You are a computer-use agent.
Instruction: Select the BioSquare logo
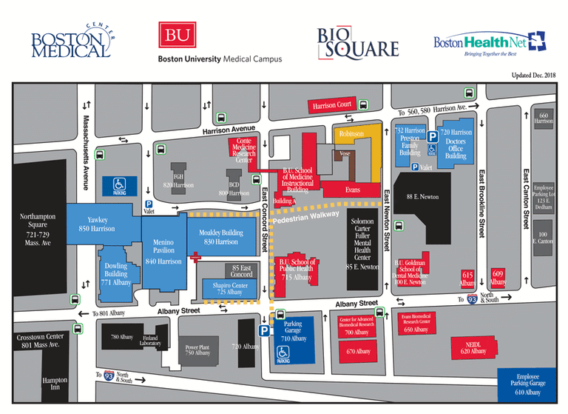[x=357, y=42]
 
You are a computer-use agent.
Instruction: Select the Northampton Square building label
[x=37, y=228]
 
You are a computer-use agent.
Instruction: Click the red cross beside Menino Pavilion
[x=195, y=258]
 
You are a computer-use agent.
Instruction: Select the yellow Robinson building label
[x=351, y=136]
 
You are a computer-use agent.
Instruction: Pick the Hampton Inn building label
[x=55, y=384]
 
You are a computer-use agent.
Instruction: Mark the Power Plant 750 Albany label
[x=197, y=350]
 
